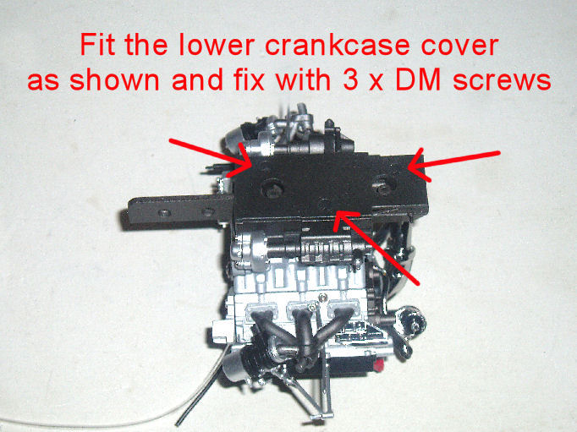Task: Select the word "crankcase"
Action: [x=338, y=45]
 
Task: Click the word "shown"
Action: [x=114, y=79]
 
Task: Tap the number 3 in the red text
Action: [x=351, y=79]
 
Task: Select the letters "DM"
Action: [x=418, y=79]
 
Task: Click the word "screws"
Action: [x=502, y=82]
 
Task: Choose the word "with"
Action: [x=303, y=79]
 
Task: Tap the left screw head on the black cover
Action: [x=272, y=188]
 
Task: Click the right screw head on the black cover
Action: [x=382, y=184]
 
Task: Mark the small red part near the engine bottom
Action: [x=379, y=364]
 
